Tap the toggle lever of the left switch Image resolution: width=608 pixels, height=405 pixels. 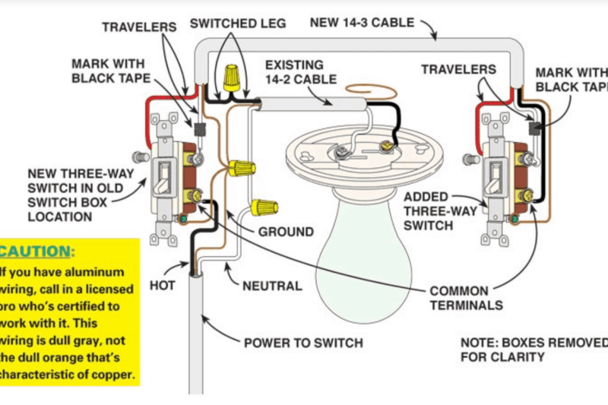tap(163, 176)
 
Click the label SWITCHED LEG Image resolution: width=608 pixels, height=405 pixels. tap(237, 24)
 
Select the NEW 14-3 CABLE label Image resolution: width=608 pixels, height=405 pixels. tap(362, 22)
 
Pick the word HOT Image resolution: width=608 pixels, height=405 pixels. tap(162, 286)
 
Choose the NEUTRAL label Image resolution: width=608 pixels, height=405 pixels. tap(272, 286)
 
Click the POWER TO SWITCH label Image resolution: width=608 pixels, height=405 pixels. tap(302, 343)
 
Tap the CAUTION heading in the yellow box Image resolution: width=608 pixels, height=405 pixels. tap(37, 251)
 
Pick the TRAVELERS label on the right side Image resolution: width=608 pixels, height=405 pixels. tap(458, 70)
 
